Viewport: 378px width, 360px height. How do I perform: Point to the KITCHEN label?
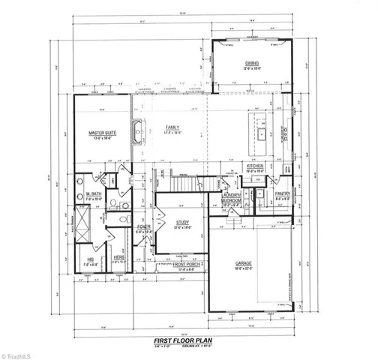pyautogui.click(x=256, y=166)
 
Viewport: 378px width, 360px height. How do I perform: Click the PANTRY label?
pyautogui.click(x=283, y=193)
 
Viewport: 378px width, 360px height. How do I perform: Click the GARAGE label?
pyautogui.click(x=243, y=264)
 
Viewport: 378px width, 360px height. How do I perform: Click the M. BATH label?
pyautogui.click(x=94, y=193)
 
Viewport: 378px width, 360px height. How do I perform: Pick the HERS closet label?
pyautogui.click(x=119, y=257)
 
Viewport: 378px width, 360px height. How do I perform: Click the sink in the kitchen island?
pyautogui.click(x=262, y=136)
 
